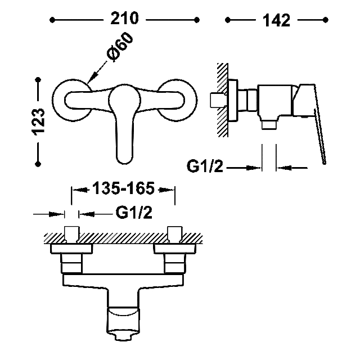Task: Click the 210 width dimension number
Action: pos(124,19)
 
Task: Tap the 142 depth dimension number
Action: pos(276,20)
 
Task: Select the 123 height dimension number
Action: pos(38,121)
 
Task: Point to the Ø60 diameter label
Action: pos(120,47)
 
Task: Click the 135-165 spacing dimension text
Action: pos(124,188)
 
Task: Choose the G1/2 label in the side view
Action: pos(205,166)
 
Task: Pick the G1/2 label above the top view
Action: pos(134,213)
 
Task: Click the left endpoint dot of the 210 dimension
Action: pos(52,20)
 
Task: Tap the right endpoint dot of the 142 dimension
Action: pos(325,20)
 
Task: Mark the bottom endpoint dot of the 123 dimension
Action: pos(38,164)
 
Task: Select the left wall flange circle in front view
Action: pos(73,100)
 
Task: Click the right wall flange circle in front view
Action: pos(177,100)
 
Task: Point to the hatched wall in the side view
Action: pos(222,100)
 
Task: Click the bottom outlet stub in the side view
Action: pos(269,125)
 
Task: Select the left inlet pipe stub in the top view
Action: pos(72,235)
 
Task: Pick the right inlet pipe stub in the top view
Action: pos(175,235)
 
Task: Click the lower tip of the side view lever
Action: pos(324,163)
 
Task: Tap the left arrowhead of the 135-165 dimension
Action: pos(80,190)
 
